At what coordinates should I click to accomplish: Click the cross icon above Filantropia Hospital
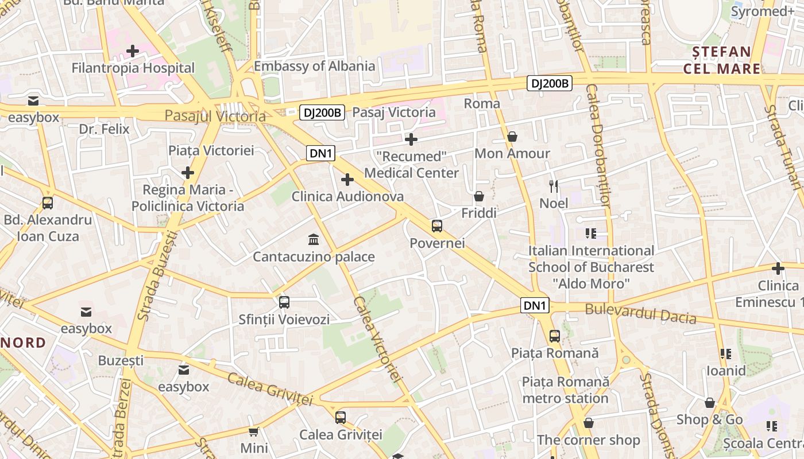click(x=133, y=51)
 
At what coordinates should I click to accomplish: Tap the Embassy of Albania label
click(x=314, y=66)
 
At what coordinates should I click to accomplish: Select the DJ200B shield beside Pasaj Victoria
click(x=322, y=112)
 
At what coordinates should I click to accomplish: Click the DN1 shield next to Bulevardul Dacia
click(x=535, y=305)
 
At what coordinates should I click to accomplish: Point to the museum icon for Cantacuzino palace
click(x=314, y=239)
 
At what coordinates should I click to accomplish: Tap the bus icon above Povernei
click(x=437, y=225)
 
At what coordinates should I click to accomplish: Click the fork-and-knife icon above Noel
click(x=554, y=186)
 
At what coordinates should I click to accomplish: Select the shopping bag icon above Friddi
click(x=479, y=196)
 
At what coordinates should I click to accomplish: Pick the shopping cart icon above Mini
click(x=254, y=431)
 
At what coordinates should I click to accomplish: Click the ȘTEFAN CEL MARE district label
click(x=722, y=60)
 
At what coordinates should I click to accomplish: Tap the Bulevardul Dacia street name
click(x=640, y=314)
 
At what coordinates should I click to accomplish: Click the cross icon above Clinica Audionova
click(x=347, y=180)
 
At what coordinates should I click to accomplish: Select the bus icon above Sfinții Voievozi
click(x=284, y=302)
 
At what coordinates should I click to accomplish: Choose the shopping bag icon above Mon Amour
click(x=512, y=137)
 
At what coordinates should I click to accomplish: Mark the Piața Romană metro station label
click(x=565, y=390)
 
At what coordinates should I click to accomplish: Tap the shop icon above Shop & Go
click(x=710, y=403)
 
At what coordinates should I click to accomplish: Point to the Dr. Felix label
click(x=104, y=129)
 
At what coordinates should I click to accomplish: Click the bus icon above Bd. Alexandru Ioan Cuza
click(x=48, y=203)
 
